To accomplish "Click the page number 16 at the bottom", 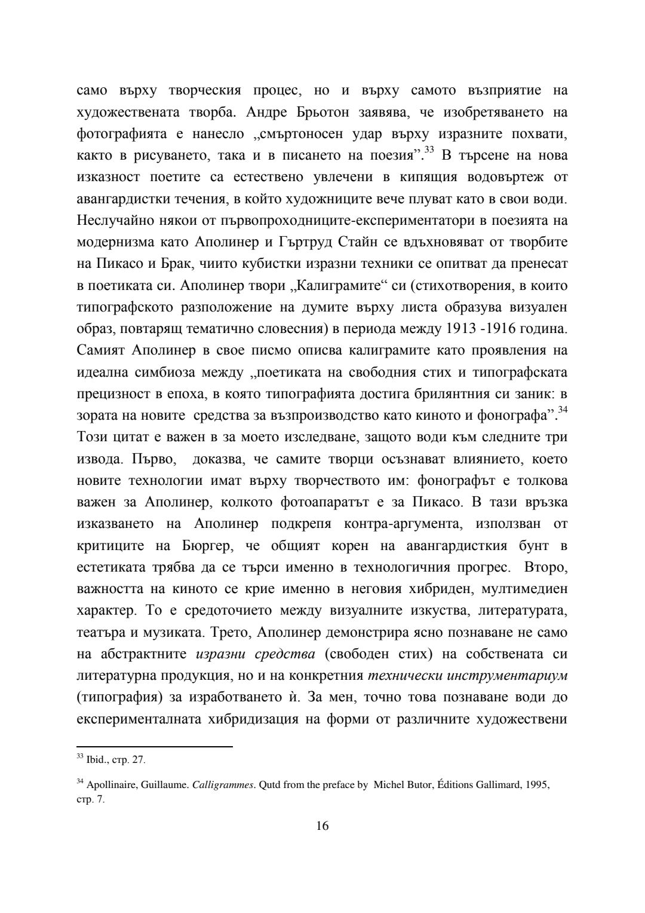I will pyautogui.click(x=322, y=826).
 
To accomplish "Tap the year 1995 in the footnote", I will pyautogui.click(x=537, y=786).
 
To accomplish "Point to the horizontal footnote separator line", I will pyautogui.click(x=155, y=746).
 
